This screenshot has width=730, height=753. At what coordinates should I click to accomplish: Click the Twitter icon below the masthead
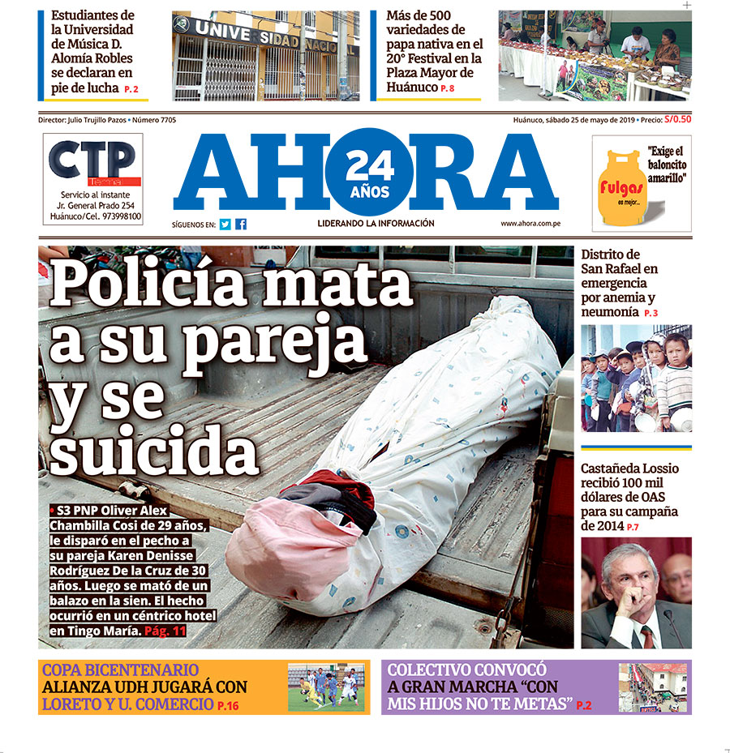coord(225,225)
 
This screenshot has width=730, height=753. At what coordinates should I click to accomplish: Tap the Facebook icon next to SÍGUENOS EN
coord(241,225)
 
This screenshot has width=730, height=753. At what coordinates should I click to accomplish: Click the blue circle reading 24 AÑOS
coord(369,173)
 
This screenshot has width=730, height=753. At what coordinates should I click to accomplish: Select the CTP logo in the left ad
coord(91,160)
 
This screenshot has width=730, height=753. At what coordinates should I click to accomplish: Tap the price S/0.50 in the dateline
coord(677,119)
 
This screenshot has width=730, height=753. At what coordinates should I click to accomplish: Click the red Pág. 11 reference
coord(165,630)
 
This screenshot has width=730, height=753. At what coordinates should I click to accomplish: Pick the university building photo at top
coord(265,55)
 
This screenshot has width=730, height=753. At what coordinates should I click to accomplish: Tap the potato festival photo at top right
coord(595,55)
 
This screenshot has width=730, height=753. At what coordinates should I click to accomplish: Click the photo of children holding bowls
coord(636,378)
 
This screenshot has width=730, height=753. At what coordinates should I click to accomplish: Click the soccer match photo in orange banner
coord(326,687)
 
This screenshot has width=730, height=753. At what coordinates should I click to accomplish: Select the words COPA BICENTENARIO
coord(120,670)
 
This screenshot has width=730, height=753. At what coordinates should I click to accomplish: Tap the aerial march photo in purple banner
coord(652,687)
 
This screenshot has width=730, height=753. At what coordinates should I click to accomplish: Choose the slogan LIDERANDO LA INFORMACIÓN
coord(376,224)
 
